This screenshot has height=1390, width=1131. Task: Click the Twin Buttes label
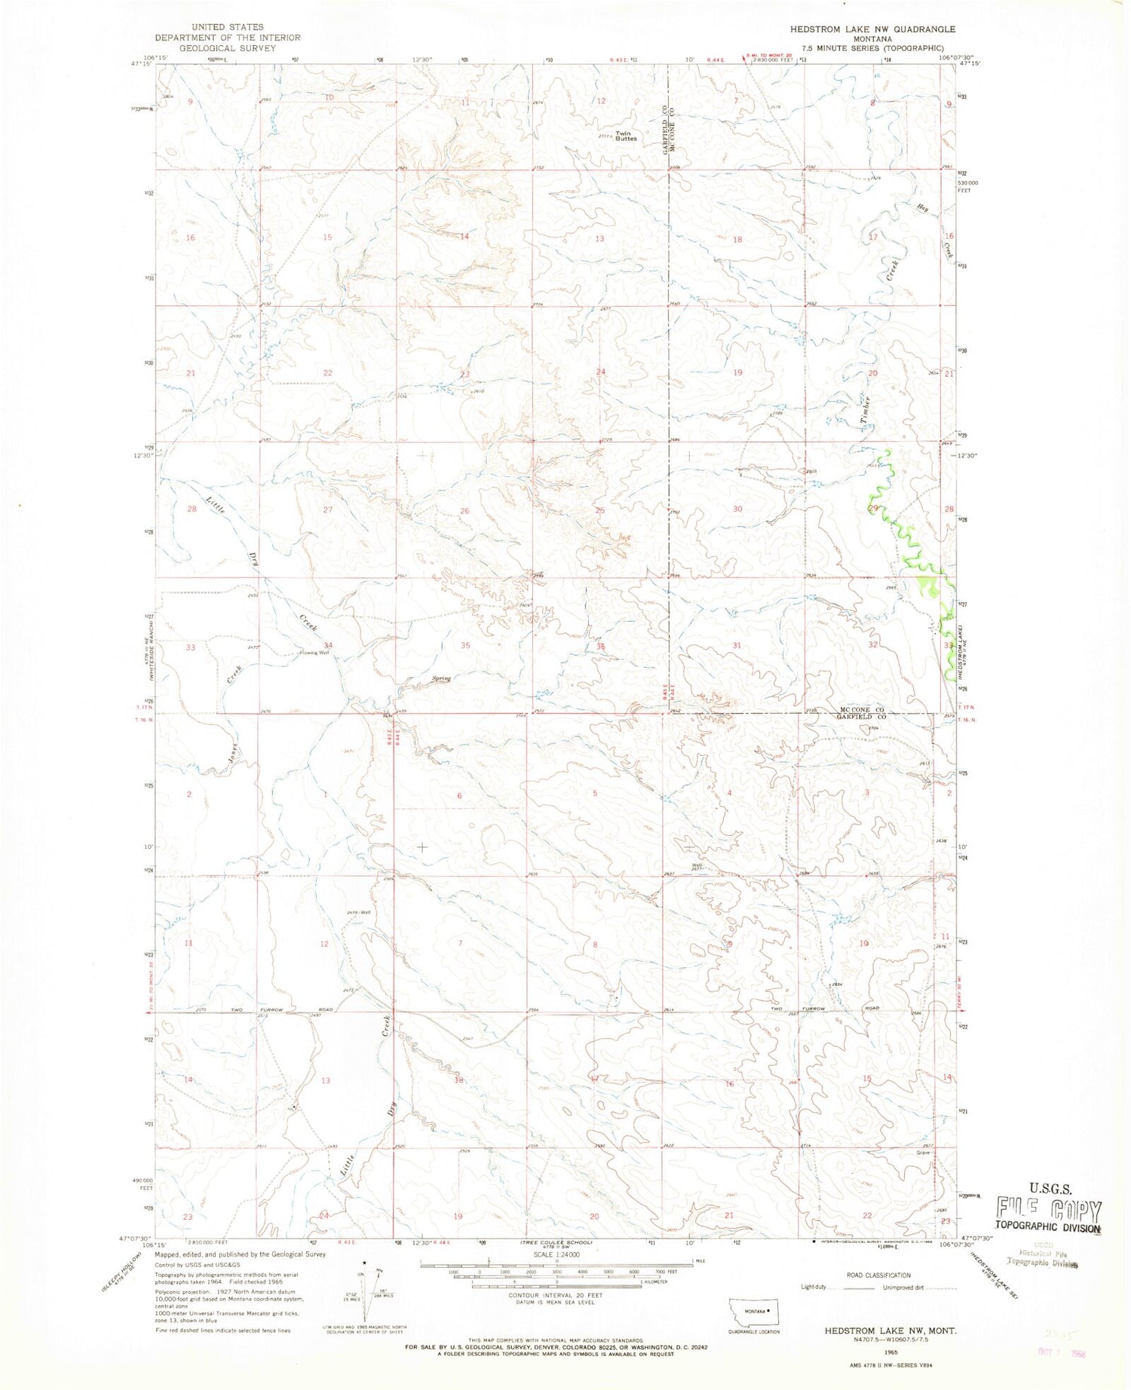coord(626,136)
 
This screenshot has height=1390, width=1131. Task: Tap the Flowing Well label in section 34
coord(314,653)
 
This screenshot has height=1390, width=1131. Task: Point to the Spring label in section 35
coord(441,678)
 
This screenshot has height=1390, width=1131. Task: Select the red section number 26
coord(464,510)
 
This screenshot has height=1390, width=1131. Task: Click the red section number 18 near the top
coord(737,239)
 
